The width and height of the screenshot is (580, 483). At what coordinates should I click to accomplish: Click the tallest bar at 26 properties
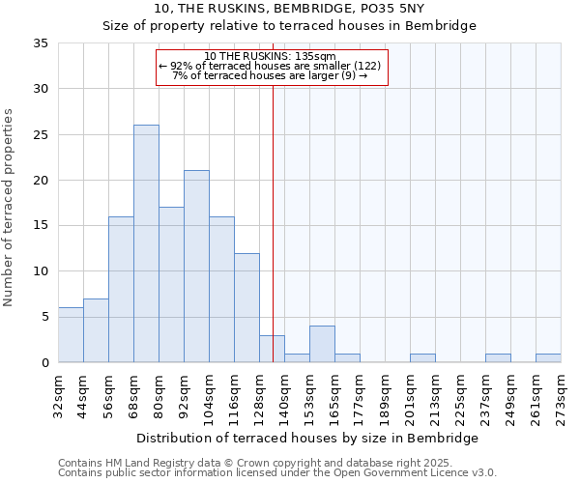point(146,243)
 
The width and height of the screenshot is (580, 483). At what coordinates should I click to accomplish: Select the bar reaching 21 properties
point(196,267)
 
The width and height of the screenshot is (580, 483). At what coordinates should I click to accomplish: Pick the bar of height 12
point(246,307)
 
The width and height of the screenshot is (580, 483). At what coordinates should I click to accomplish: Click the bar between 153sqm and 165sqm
point(322,344)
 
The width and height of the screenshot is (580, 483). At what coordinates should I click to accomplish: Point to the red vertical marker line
point(273,222)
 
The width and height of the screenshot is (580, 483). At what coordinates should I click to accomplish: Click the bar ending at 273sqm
point(548,358)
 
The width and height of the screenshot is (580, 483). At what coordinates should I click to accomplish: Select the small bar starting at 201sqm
point(422,358)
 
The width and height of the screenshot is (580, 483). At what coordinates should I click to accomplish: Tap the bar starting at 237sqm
point(498,358)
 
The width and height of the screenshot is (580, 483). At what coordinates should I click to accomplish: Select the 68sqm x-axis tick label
point(134,393)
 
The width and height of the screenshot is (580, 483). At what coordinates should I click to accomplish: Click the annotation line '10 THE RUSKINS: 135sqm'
point(271,56)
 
